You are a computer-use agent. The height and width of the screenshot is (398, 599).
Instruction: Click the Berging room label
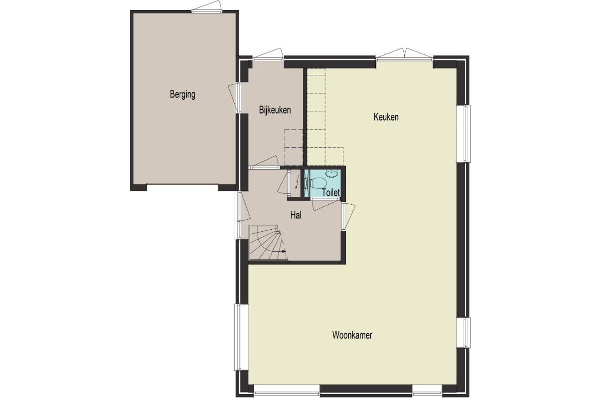(183, 95)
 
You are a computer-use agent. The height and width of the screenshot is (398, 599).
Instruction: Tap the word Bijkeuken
(275, 110)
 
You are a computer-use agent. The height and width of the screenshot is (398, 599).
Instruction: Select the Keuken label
(386, 117)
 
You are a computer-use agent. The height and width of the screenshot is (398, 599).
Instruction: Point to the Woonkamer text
(352, 335)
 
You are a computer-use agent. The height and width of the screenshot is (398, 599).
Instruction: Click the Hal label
(296, 215)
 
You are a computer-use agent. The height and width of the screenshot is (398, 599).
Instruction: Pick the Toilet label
(331, 192)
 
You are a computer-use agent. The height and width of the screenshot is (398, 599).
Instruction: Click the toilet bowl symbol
(318, 183)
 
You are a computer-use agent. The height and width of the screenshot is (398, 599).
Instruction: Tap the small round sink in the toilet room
(331, 174)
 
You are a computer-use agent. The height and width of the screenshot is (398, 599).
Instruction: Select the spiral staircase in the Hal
(268, 242)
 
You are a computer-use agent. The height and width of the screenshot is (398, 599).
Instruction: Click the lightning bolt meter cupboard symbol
(297, 182)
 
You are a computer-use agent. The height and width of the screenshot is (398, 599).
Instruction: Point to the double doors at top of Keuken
(405, 54)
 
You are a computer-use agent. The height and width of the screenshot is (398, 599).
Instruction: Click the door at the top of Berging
(207, 6)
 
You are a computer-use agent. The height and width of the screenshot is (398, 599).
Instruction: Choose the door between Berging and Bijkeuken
(235, 98)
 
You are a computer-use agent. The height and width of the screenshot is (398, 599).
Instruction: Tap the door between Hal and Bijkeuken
(264, 163)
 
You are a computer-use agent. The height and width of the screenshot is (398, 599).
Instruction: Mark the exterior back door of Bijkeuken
(268, 54)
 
